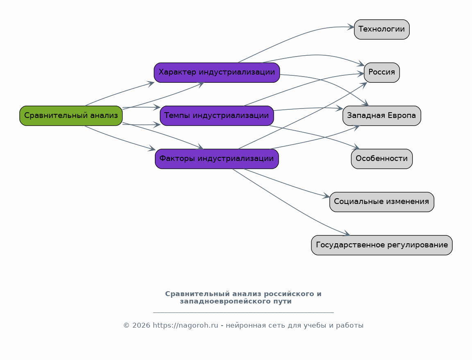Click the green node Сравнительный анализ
pyautogui.click(x=71, y=115)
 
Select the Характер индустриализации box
pyautogui.click(x=217, y=72)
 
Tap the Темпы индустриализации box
pyautogui.click(x=217, y=115)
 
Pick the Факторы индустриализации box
pyautogui.click(x=217, y=158)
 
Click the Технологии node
pyautogui.click(x=382, y=29)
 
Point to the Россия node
pyautogui.click(x=382, y=72)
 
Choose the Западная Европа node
pyautogui.click(x=382, y=115)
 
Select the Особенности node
pyautogui.click(x=382, y=158)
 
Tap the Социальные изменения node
pyautogui.click(x=382, y=202)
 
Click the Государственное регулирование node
pyautogui.click(x=382, y=245)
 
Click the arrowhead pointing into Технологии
pyautogui.click(x=351, y=27)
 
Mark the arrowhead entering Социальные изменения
pyautogui.click(x=326, y=196)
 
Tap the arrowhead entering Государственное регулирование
pyautogui.click(x=346, y=233)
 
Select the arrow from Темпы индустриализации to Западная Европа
pyautogui.click(x=308, y=109)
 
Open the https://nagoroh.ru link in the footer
pyautogui.click(x=186, y=325)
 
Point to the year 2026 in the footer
pyautogui.click(x=141, y=325)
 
